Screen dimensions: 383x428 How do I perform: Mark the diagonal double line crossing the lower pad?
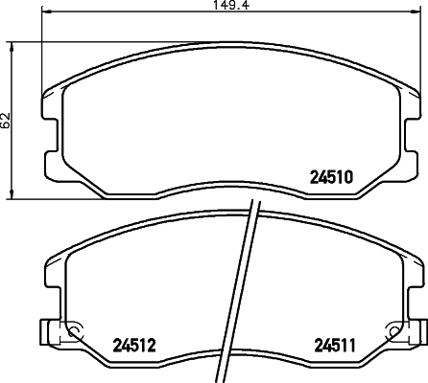[251, 287]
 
